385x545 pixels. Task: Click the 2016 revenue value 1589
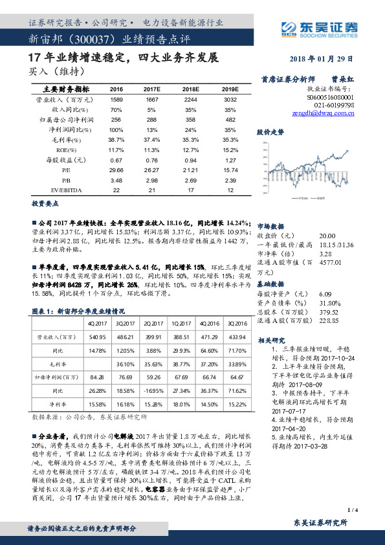116,100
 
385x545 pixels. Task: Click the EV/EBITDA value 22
116,190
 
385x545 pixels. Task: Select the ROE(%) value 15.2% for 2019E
230,150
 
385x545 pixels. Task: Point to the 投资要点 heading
43,201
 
